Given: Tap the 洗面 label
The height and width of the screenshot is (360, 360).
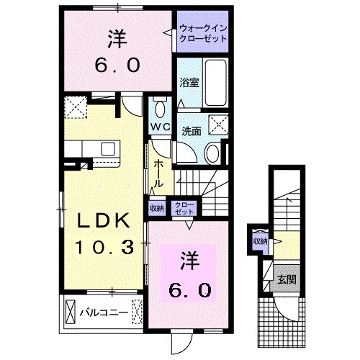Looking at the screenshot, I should tap(191, 132).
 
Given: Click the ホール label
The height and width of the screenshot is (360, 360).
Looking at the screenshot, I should tap(158, 174).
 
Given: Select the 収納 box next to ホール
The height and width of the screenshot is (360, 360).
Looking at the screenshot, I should tap(156, 207).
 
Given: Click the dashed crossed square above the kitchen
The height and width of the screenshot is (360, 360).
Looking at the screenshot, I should tap(74, 108).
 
